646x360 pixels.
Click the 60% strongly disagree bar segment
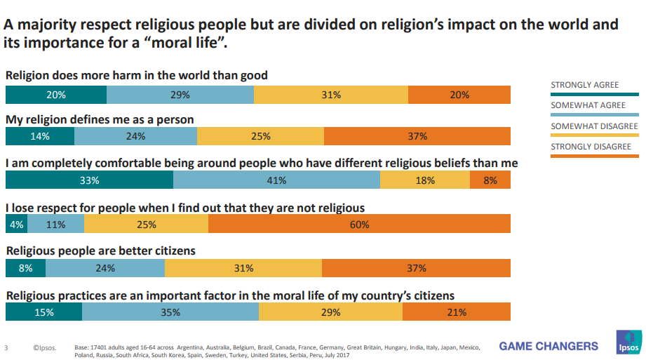click(x=359, y=225)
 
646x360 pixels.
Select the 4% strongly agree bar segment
click(x=15, y=225)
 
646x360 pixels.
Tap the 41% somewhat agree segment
click(x=276, y=180)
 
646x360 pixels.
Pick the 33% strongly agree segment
click(x=89, y=180)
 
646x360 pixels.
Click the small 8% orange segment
click(x=490, y=180)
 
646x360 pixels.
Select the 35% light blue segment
click(x=170, y=312)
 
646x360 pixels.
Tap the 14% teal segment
click(x=40, y=136)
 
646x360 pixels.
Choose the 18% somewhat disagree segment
click(x=424, y=180)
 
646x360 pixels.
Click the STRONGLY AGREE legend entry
click(x=585, y=85)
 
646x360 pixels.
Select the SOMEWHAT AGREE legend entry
click(x=588, y=105)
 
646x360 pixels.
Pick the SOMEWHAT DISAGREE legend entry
click(x=593, y=126)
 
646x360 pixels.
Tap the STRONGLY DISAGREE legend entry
click(x=591, y=147)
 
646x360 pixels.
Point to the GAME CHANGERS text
click(x=549, y=346)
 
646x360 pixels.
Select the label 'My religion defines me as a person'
click(x=100, y=119)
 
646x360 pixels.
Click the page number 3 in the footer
click(x=6, y=347)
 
